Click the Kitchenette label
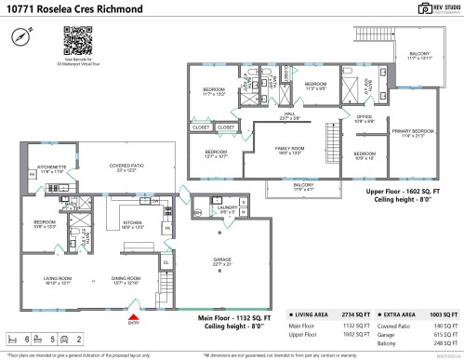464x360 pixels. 49,170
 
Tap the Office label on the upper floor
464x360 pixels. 365,118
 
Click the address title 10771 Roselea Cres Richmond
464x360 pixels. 63,9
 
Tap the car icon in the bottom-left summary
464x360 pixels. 67,340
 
